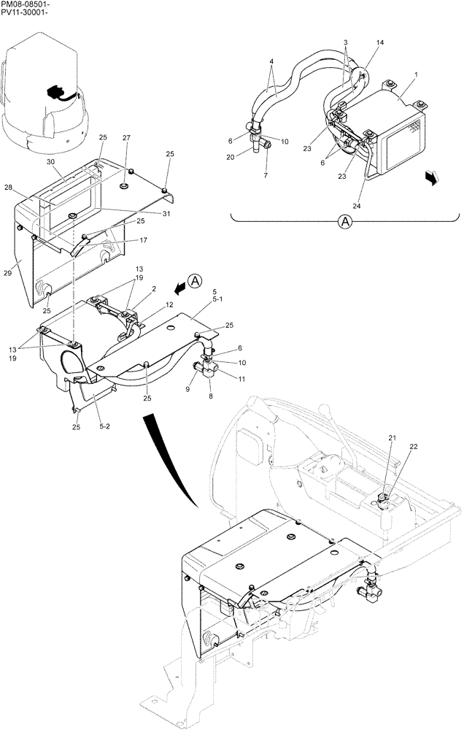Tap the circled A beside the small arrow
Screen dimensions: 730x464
pos(194,280)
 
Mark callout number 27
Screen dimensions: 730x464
pos(125,137)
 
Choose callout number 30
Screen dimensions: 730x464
pos(50,161)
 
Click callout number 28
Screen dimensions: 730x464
pos(29,188)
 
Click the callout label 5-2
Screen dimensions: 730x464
pos(106,423)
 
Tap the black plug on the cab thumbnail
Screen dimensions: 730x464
pos(55,93)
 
